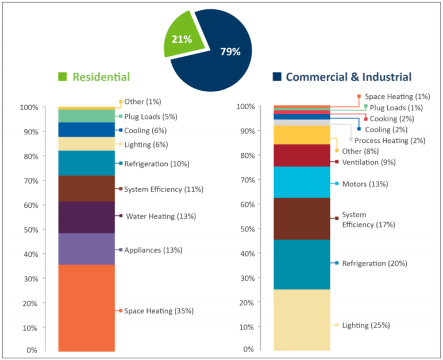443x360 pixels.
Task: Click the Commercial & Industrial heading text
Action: [349, 77]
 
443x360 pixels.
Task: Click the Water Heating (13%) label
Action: [160, 216]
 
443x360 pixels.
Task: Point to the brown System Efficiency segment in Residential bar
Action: [87, 188]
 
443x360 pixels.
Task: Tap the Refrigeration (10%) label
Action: [157, 164]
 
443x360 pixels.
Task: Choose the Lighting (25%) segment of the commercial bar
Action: [302, 319]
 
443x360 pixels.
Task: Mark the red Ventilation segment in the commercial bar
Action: [302, 155]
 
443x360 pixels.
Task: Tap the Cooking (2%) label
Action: [390, 119]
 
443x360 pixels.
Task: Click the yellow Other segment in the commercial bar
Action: [302, 135]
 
